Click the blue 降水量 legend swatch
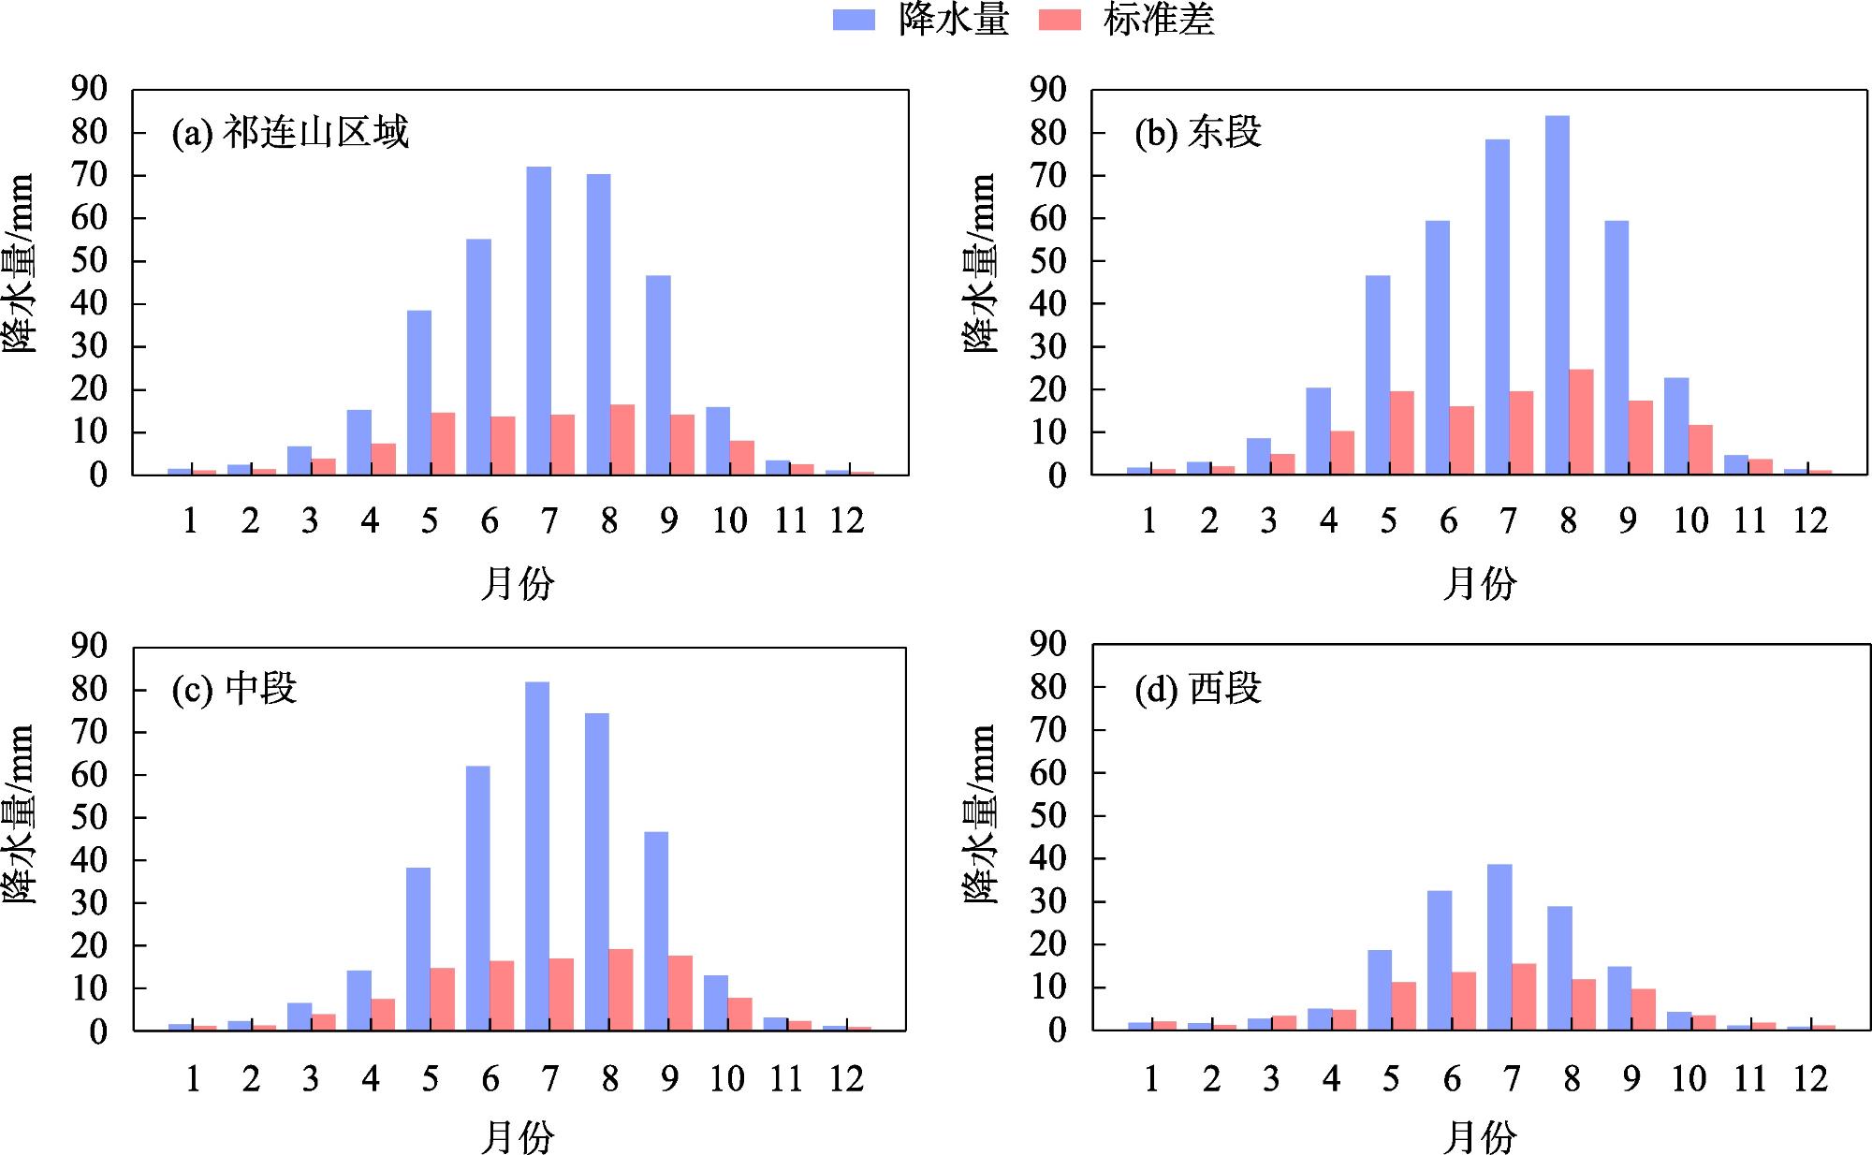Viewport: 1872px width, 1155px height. [x=853, y=20]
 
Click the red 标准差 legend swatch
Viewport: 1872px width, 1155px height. [x=1060, y=20]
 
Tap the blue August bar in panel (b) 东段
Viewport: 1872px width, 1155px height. [x=1557, y=295]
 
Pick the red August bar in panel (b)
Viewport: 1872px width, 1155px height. [x=1581, y=422]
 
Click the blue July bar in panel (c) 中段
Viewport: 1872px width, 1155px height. [x=537, y=855]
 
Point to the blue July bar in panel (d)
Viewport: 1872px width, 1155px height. [x=1499, y=946]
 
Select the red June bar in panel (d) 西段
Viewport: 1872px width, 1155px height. [x=1464, y=1001]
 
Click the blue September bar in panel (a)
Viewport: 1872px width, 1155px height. [x=658, y=374]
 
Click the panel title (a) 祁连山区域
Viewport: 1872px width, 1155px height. [x=290, y=133]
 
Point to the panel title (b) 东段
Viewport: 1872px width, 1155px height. [x=1198, y=133]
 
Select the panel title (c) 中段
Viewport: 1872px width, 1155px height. [x=234, y=689]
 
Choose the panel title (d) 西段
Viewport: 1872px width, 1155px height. [x=1198, y=689]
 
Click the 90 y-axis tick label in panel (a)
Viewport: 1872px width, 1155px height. [x=90, y=90]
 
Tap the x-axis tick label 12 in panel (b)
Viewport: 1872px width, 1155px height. [x=1810, y=520]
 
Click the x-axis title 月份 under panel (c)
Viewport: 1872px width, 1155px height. [x=518, y=1138]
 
